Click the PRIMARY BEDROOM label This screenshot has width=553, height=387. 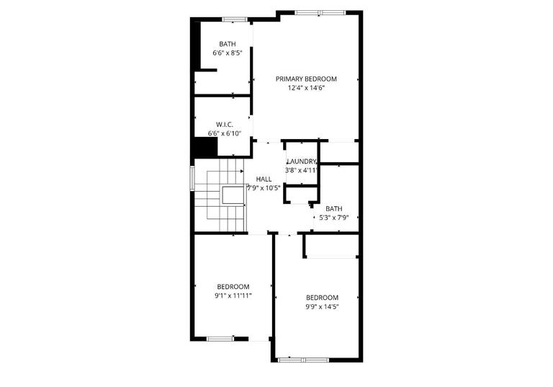point(306,79)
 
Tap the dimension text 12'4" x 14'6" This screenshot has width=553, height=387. point(306,88)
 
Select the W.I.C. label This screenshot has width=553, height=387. point(224,125)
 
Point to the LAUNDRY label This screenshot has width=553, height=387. point(301,161)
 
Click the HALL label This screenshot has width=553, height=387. point(264,179)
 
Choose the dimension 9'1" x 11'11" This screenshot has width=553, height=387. point(233,295)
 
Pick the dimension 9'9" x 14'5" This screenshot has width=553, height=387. point(322,306)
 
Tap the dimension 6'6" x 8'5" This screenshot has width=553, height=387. point(227,53)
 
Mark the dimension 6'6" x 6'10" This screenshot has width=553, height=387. point(225,134)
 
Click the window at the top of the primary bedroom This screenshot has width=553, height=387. point(319,12)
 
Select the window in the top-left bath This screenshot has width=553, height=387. point(234,19)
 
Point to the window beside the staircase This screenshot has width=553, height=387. point(192,178)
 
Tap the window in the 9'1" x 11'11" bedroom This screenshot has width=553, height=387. point(220,338)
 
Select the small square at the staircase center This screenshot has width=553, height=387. point(233,195)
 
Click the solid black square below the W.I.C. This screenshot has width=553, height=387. point(207,146)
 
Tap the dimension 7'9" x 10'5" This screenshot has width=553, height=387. point(264,188)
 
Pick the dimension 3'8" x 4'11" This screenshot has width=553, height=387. point(301,171)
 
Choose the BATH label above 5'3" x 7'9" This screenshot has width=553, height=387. point(333,208)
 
